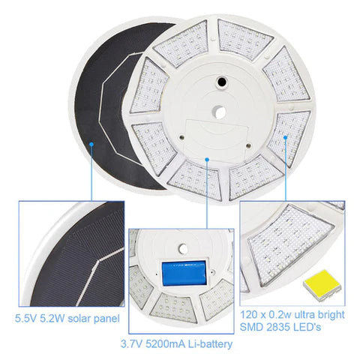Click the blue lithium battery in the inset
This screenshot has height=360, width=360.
(184, 273)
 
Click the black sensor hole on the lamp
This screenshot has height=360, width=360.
(221, 81)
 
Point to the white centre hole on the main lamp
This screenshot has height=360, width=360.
(219, 112)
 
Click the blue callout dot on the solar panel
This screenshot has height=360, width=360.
(91, 144)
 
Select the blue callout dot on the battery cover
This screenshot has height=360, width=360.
(207, 159)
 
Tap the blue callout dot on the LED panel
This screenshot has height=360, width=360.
(286, 137)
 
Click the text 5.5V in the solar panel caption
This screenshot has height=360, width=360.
(25, 319)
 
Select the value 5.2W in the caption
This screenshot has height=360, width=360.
(52, 319)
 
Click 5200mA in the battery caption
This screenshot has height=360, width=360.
(165, 344)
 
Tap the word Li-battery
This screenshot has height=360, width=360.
(210, 344)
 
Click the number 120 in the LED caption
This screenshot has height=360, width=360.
(249, 315)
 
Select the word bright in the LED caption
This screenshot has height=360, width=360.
(331, 315)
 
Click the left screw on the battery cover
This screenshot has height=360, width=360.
(182, 137)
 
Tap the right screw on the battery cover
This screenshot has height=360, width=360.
(248, 146)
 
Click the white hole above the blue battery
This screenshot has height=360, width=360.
(183, 249)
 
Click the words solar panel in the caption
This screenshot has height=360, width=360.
(94, 319)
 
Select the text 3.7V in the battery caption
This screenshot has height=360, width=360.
(131, 344)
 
